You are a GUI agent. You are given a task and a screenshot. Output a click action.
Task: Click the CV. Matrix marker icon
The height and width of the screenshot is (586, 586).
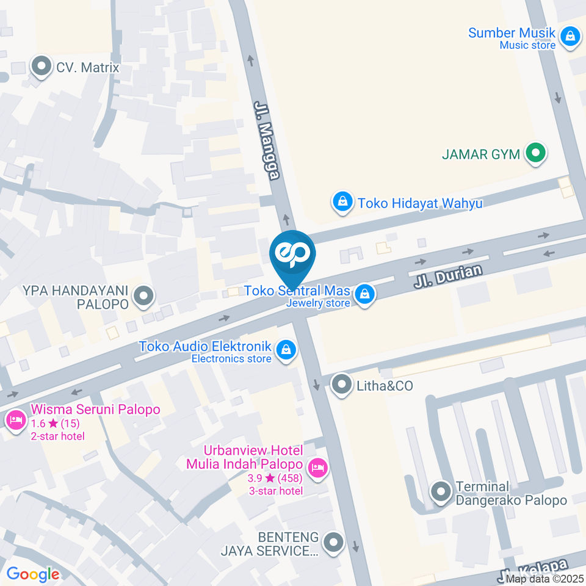coord(42,67)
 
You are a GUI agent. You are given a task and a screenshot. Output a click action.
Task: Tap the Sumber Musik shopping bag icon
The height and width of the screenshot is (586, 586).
coord(570,35)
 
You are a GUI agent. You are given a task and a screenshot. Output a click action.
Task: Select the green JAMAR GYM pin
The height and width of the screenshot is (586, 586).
coord(535,153)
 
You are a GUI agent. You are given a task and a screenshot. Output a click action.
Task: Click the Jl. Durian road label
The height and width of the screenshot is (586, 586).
coord(448,276)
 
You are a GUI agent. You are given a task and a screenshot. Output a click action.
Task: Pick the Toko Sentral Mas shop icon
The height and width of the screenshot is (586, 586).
coord(364,294)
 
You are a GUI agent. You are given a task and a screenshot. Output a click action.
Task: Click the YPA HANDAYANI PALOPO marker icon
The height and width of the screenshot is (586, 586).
coord(144,297)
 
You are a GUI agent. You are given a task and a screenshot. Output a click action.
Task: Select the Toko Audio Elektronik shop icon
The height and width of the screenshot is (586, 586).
coord(285,350)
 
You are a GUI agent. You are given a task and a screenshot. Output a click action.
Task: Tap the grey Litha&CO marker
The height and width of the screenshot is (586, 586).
coord(341,385)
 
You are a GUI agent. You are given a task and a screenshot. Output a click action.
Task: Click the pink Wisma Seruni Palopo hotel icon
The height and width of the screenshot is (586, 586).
coord(14,420)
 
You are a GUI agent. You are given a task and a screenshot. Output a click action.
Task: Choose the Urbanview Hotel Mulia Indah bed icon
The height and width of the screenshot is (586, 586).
coord(317,468)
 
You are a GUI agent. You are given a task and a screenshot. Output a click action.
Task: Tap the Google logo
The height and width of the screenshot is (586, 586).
coord(32,574)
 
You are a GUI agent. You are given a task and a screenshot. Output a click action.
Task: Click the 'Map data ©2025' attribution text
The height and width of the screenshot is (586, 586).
coord(545,579)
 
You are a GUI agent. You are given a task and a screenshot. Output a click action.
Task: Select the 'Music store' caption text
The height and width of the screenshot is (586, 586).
coord(527,45)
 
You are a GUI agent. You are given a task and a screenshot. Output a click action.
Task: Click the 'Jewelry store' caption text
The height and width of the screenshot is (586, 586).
coord(319,303)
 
